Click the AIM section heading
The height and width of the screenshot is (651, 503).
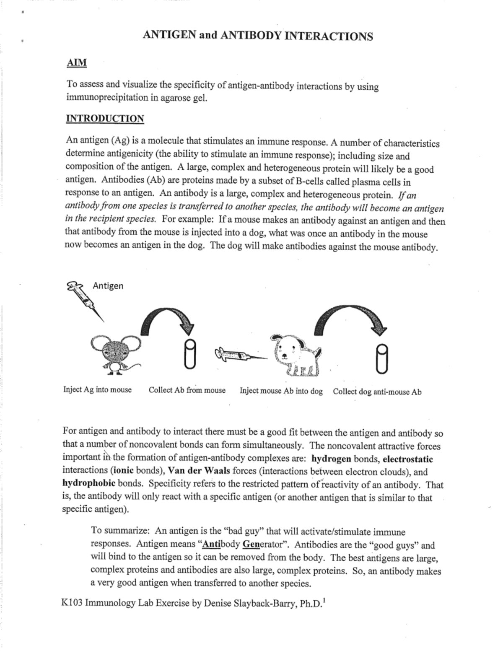[x=77, y=63]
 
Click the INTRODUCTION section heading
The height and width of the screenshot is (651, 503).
[x=105, y=119]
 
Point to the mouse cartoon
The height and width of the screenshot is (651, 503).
[x=113, y=352]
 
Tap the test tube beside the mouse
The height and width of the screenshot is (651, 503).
[x=189, y=354]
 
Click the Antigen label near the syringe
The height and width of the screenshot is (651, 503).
[x=108, y=286]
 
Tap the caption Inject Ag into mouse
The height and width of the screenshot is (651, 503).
[x=97, y=390]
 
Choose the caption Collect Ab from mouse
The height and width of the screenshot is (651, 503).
[x=187, y=390]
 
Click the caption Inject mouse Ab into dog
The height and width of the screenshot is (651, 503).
[x=281, y=391]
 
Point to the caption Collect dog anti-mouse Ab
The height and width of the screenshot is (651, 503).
[x=377, y=392]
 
